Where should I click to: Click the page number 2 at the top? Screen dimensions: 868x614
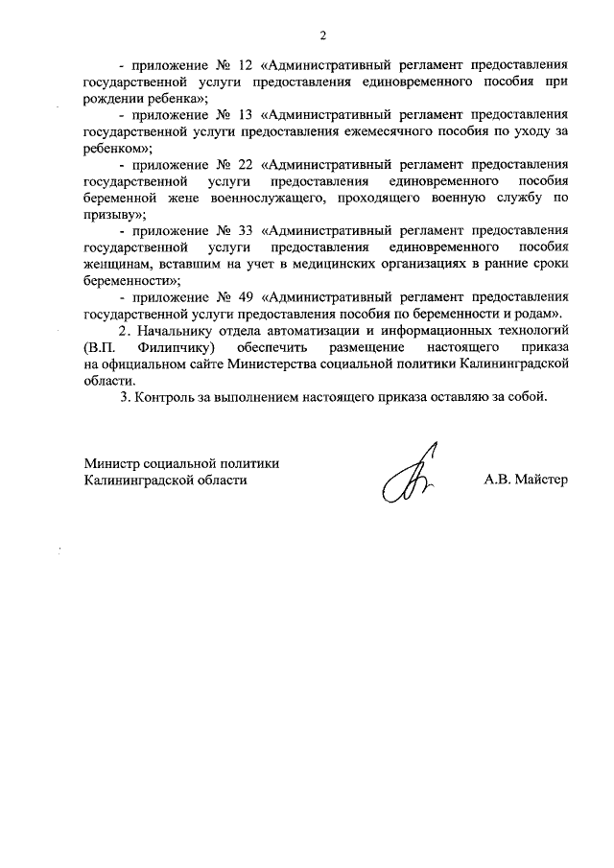[x=323, y=36]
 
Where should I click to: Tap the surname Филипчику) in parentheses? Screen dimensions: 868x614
[x=178, y=346]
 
